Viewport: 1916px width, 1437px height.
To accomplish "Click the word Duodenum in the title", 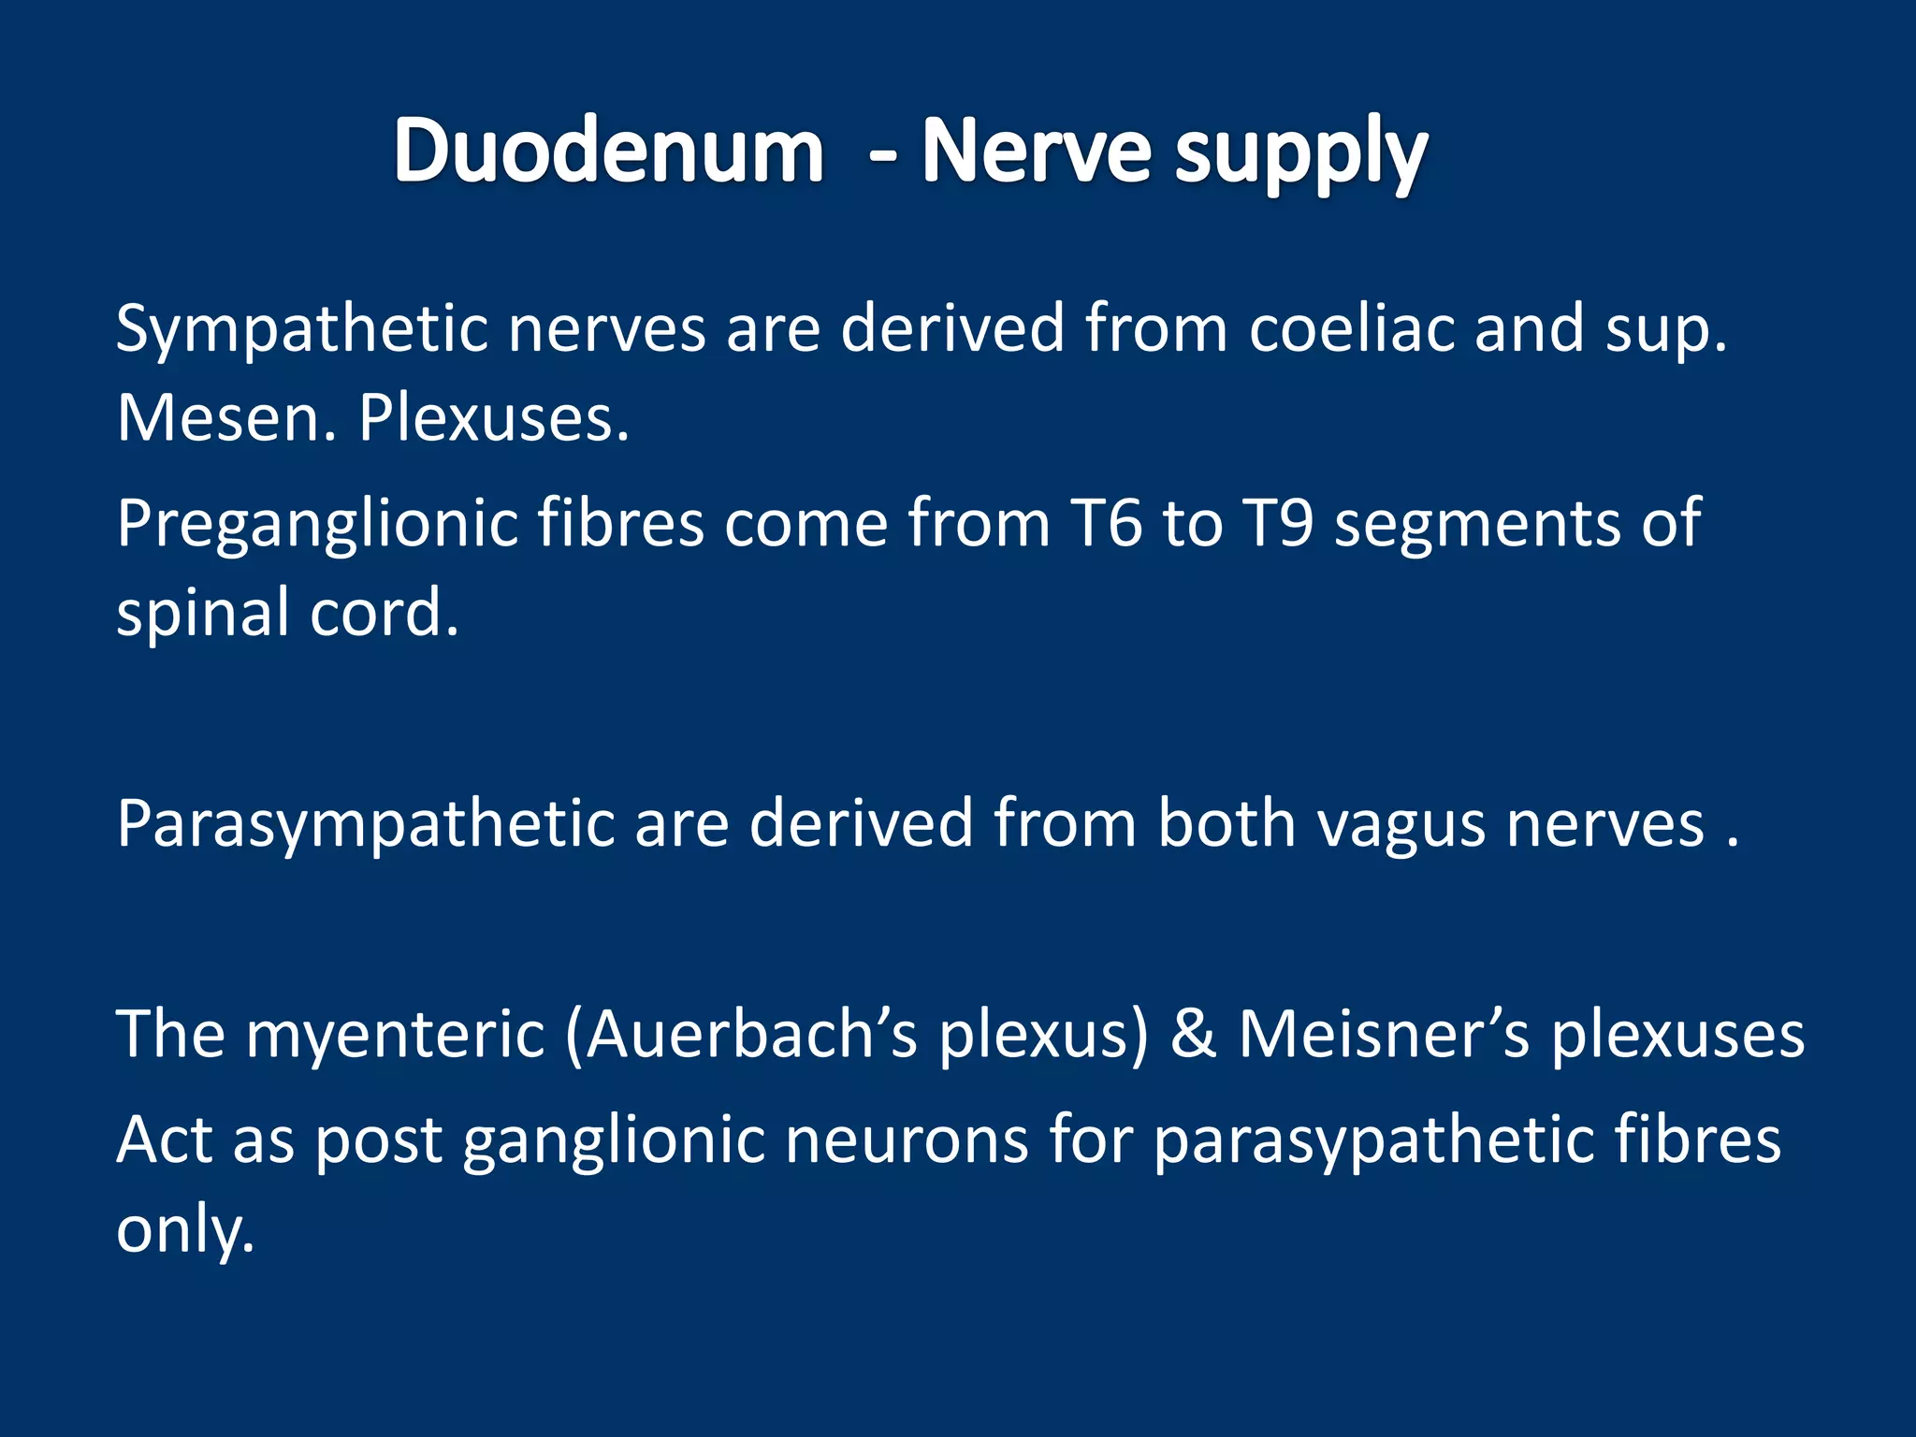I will pyautogui.click(x=608, y=152).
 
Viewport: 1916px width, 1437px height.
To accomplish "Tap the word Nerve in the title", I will pyautogui.click(x=1036, y=152).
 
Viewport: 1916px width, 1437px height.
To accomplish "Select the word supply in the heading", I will pyautogui.click(x=1301, y=157).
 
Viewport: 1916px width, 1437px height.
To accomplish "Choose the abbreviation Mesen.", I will pyautogui.click(x=225, y=417).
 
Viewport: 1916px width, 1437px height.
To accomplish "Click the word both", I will pyautogui.click(x=1227, y=823).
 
